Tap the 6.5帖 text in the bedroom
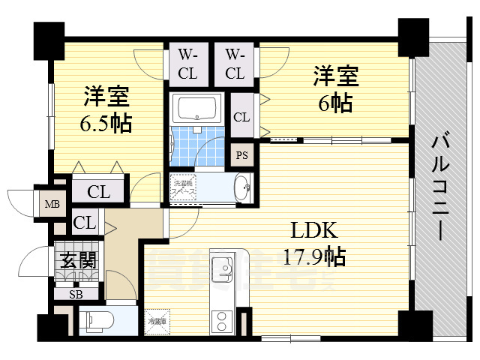pos(106,122)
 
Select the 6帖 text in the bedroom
pos(334,103)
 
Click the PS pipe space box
pos(241,156)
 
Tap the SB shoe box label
pos(76,294)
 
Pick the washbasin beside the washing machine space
pos(241,187)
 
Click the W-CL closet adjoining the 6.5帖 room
pos(186,64)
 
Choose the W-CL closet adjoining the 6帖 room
pos(234,64)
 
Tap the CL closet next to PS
pos(241,117)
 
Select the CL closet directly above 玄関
pos(85,223)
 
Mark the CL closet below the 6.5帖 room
pos(98,191)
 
